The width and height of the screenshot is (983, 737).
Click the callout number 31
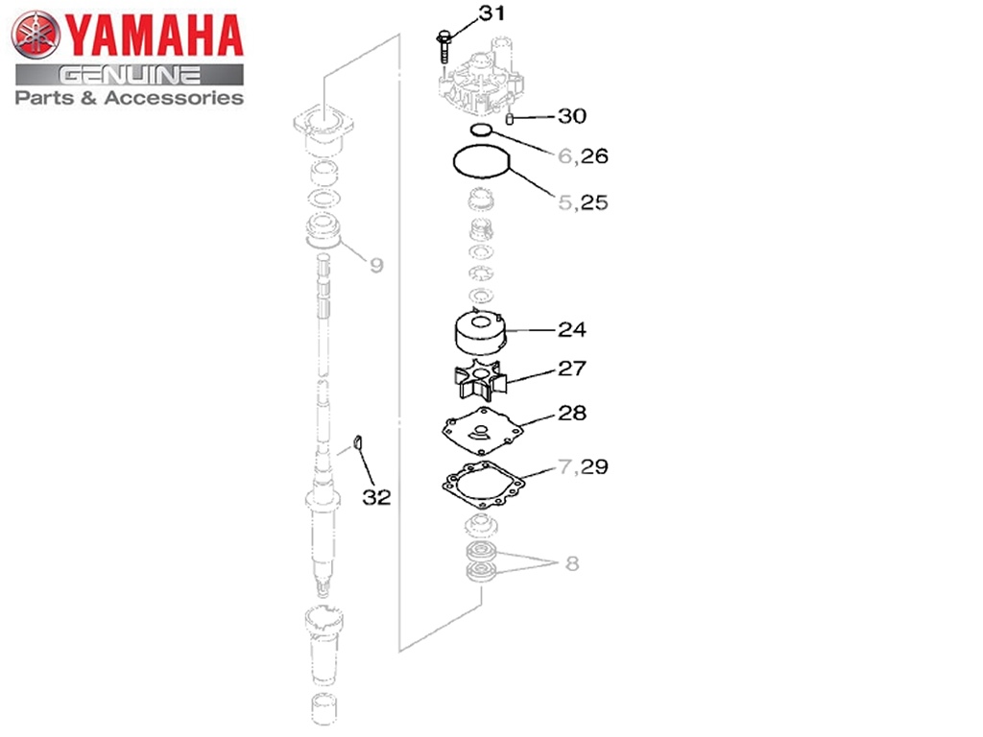[491, 12]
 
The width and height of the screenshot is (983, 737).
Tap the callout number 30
[572, 116]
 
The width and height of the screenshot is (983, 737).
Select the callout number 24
[572, 330]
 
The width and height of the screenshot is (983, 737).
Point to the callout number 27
[572, 368]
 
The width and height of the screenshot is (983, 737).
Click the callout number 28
[572, 413]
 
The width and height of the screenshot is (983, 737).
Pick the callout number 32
[376, 497]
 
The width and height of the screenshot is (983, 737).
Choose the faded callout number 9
[376, 265]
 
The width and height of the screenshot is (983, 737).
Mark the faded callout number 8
[572, 564]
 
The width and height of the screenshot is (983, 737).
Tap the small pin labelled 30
[510, 118]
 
